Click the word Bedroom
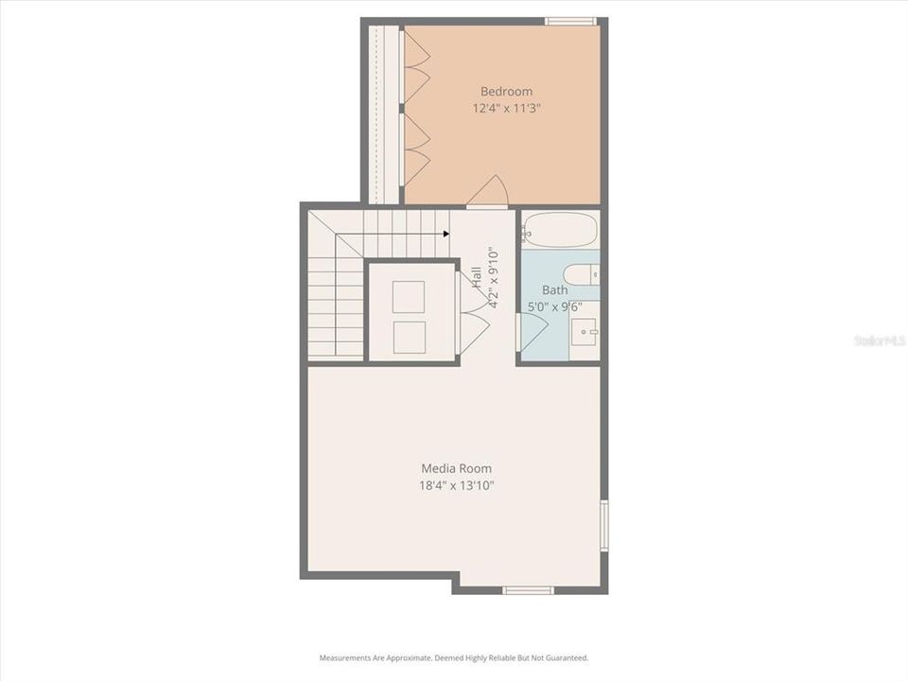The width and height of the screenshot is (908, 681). (x=506, y=92)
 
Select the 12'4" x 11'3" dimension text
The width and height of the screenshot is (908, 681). (x=507, y=109)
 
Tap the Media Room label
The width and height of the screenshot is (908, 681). (x=456, y=468)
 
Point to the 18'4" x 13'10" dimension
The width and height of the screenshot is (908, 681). (x=458, y=485)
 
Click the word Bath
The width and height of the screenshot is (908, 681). (x=555, y=290)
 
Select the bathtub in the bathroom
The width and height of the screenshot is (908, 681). (x=560, y=230)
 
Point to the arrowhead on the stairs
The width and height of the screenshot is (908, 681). (x=445, y=234)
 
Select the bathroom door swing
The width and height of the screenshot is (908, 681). (x=533, y=331)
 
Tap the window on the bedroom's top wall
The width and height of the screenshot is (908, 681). (x=571, y=21)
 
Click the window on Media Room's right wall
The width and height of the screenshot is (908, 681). (x=603, y=525)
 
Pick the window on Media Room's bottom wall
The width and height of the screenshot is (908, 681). (x=528, y=590)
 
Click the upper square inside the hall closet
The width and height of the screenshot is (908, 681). (x=409, y=296)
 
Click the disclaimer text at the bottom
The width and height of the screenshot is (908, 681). (x=454, y=657)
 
